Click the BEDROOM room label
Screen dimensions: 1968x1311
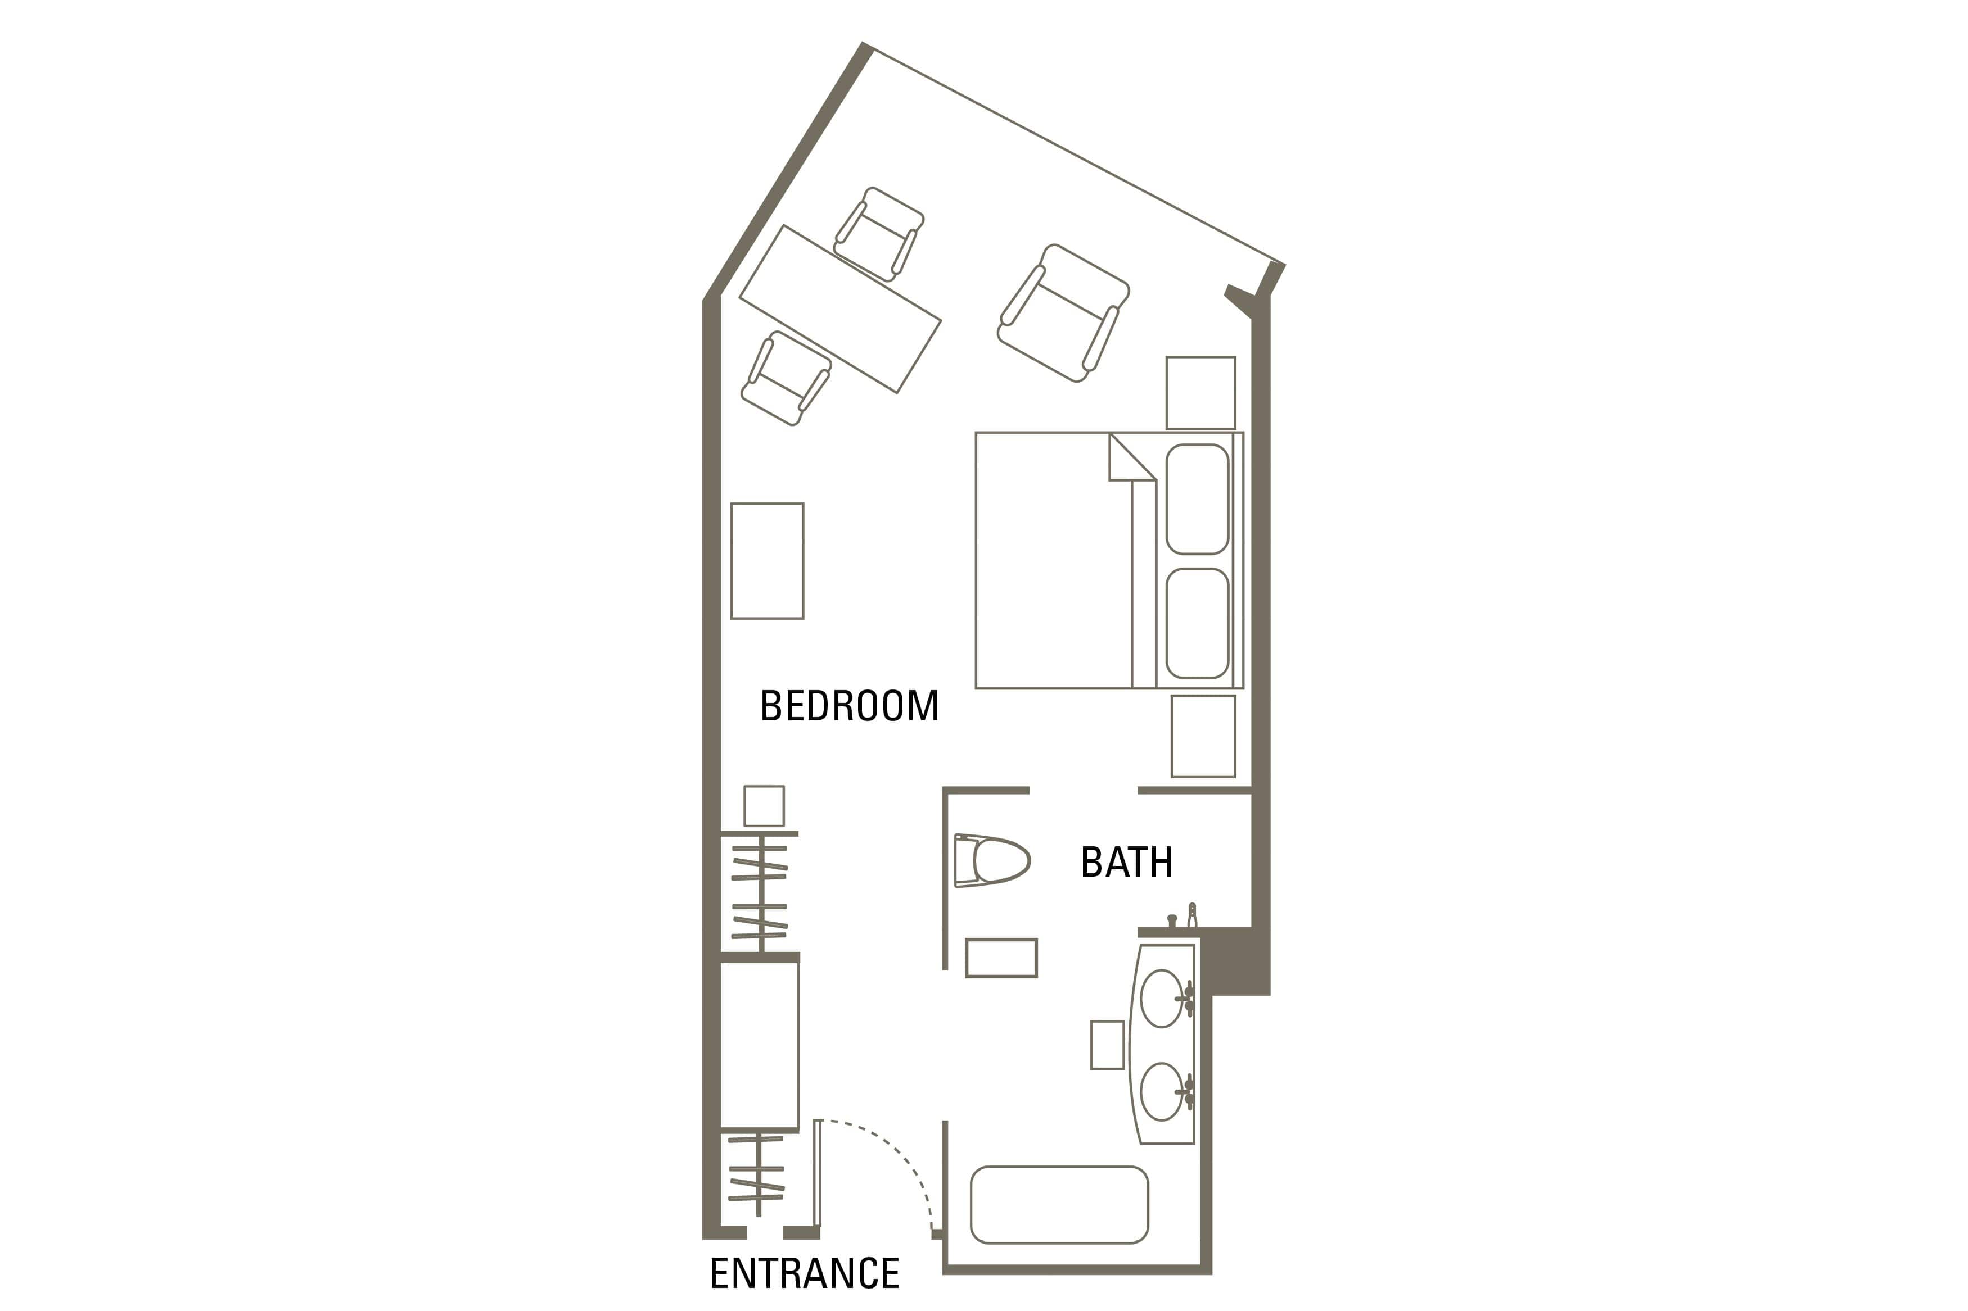point(849,706)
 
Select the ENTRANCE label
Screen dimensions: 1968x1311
point(804,1273)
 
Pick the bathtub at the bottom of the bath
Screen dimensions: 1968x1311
point(1059,1205)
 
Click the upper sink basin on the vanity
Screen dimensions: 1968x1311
point(1161,999)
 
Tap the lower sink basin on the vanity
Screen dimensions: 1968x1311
point(1161,1091)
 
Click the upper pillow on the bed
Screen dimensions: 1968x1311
point(1197,499)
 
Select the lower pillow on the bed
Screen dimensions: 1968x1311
point(1197,623)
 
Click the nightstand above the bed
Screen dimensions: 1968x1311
point(1200,393)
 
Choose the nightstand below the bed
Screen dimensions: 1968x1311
point(1203,736)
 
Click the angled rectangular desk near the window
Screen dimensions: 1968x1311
point(839,309)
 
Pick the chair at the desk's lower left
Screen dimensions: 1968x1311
point(786,378)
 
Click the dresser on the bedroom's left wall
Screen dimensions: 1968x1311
point(767,561)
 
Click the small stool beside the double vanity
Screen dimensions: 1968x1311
point(1107,1044)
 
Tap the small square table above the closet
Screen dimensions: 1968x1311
point(764,806)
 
